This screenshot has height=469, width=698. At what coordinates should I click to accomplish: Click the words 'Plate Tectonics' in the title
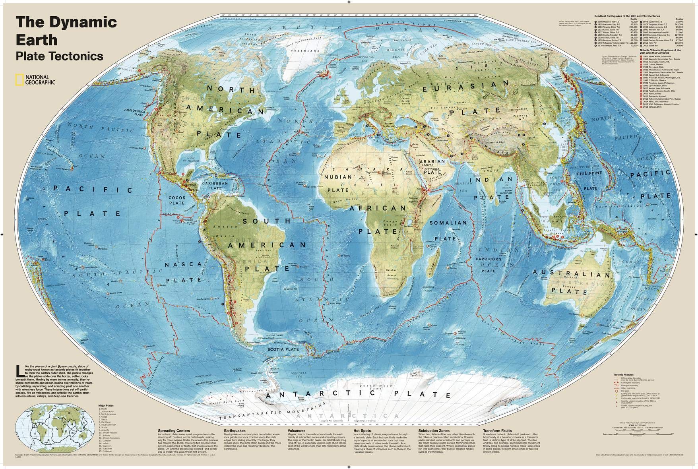tap(59, 56)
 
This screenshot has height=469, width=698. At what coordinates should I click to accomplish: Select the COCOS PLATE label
tap(177, 200)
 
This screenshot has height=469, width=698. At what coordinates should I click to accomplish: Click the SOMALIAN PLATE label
tap(447, 231)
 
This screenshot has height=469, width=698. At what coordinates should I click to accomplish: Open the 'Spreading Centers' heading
tap(174, 430)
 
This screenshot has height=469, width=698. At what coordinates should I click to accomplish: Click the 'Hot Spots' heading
tap(362, 430)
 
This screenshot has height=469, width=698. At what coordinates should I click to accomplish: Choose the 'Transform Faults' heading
tap(498, 430)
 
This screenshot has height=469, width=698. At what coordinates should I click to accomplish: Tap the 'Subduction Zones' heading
tap(434, 430)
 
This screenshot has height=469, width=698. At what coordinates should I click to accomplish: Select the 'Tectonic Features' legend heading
tap(624, 374)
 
